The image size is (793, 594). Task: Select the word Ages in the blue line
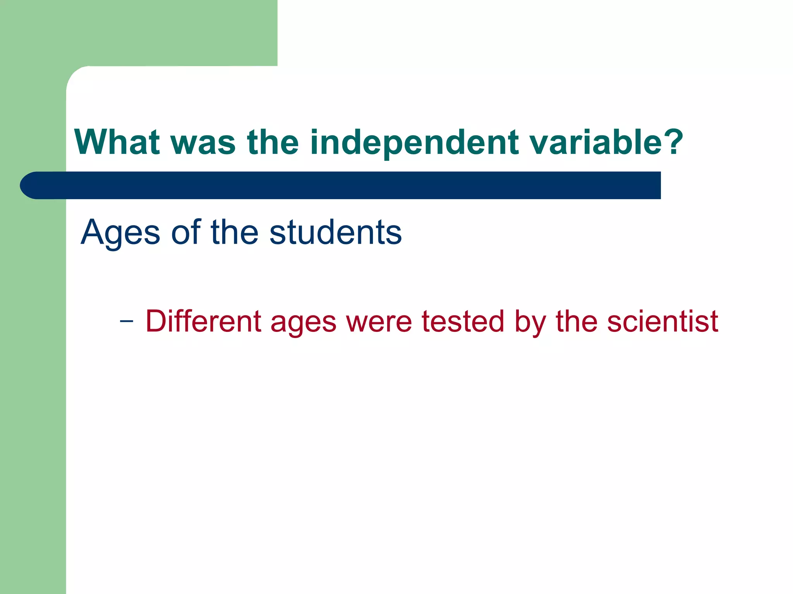[x=120, y=233]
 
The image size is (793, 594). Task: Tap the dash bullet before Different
[x=127, y=321]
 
